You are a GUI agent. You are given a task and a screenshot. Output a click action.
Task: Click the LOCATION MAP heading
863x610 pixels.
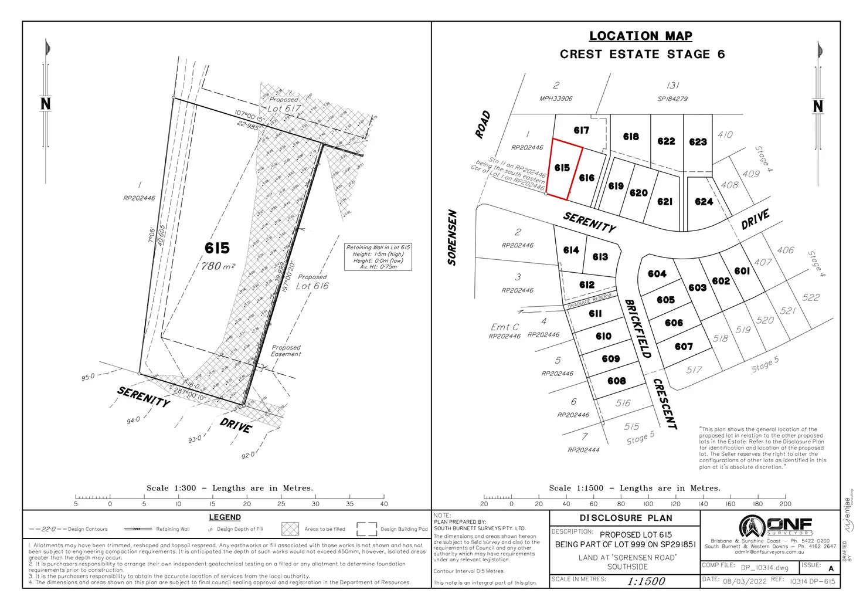click(x=640, y=36)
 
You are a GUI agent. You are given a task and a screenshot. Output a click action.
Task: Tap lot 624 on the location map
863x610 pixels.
click(x=704, y=202)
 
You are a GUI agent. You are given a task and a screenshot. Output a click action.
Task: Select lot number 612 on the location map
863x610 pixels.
click(x=587, y=284)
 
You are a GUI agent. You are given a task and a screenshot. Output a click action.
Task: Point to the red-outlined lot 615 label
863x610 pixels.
click(x=562, y=168)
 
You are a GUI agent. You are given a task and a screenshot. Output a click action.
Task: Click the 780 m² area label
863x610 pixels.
click(x=218, y=266)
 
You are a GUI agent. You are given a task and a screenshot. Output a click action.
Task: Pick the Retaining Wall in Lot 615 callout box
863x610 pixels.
click(x=378, y=257)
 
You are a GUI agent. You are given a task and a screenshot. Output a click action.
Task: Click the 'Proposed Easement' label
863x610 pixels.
click(x=286, y=351)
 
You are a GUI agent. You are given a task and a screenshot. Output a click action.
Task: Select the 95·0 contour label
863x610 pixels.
click(x=87, y=377)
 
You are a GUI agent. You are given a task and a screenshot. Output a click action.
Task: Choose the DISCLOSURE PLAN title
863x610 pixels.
click(x=626, y=518)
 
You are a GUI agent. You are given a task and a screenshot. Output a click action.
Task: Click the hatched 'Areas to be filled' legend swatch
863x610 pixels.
click(x=290, y=529)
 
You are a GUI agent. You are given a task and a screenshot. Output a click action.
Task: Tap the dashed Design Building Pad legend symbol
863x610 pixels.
click(x=366, y=529)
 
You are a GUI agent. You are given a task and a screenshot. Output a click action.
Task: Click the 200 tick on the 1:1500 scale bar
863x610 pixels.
click(x=785, y=503)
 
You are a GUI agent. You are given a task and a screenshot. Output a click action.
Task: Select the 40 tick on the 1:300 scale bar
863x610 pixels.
click(x=384, y=503)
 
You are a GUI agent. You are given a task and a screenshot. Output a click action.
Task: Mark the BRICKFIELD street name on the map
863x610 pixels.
click(x=637, y=328)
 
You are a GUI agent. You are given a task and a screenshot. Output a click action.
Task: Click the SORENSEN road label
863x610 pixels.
click(x=452, y=238)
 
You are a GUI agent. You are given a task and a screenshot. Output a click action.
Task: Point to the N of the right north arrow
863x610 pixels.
click(x=818, y=106)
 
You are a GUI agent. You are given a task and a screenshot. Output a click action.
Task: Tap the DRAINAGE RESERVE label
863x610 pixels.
click(x=590, y=301)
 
